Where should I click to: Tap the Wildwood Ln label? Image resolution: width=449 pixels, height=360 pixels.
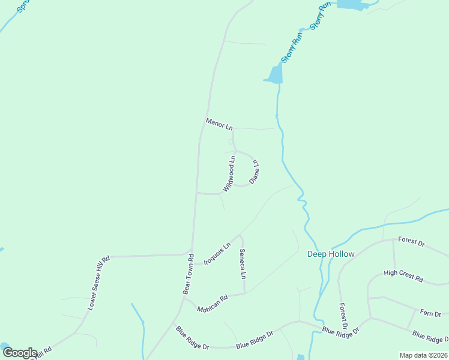229,173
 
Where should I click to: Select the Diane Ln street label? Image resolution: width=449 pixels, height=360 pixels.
255,171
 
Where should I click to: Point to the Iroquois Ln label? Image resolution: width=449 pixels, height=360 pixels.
217,253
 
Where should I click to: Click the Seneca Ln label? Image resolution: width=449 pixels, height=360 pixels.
243,264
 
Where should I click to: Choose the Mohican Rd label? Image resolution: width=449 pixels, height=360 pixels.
213,301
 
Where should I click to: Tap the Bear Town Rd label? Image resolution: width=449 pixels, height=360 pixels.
188,274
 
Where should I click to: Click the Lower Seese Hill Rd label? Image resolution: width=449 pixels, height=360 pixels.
98,283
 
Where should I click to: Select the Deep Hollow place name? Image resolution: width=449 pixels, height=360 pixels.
331,254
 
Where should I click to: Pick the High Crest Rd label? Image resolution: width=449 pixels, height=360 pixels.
403,277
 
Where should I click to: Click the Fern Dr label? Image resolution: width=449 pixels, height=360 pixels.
430,313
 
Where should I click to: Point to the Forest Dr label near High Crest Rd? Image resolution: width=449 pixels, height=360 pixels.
411,243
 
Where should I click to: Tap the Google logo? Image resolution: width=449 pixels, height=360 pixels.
20,353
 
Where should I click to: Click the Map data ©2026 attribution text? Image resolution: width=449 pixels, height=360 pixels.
423,355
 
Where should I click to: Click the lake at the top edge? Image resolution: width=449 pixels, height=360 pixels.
352,4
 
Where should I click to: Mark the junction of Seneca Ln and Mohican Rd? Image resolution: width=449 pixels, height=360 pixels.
244,293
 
